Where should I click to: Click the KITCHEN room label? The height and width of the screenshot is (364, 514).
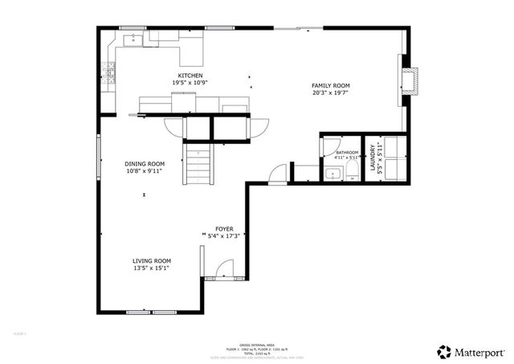tap(179, 75)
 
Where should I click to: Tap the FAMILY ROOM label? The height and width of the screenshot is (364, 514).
tap(331, 85)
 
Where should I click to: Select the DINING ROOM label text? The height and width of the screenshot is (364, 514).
tap(145, 163)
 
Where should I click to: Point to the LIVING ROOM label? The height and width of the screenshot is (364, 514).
tap(152, 260)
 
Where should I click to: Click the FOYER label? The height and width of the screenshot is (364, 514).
tap(224, 229)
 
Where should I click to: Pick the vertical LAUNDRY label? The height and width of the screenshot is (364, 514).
tap(372, 158)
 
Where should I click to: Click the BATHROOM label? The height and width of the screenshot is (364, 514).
tap(347, 152)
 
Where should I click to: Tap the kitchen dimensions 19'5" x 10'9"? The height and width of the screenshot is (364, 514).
tap(179, 82)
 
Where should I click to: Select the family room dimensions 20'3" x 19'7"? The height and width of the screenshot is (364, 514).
tap(331, 92)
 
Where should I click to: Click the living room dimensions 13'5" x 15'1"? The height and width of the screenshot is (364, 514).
tap(152, 268)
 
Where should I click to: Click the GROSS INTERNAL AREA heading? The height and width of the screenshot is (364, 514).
tap(257, 342)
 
